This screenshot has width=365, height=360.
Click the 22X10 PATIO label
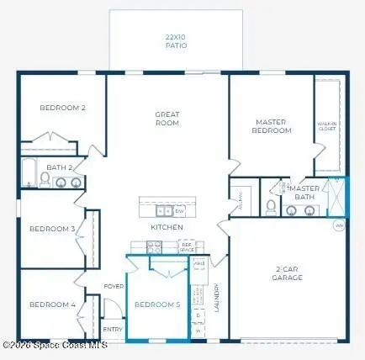tap(177, 40)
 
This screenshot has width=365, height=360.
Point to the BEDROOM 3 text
tap(52, 228)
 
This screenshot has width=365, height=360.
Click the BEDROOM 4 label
tap(52, 304)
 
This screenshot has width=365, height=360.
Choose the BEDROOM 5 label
tap(157, 304)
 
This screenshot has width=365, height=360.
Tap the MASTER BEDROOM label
tap(272, 126)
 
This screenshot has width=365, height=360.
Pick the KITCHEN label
tap(167, 227)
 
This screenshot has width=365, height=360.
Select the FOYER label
tap(114, 286)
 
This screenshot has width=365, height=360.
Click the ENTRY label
tap(112, 329)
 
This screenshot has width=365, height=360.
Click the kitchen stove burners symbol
tap(154, 246)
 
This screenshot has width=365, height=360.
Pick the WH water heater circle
tap(339, 225)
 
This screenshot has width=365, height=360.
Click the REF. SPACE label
tap(187, 247)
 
